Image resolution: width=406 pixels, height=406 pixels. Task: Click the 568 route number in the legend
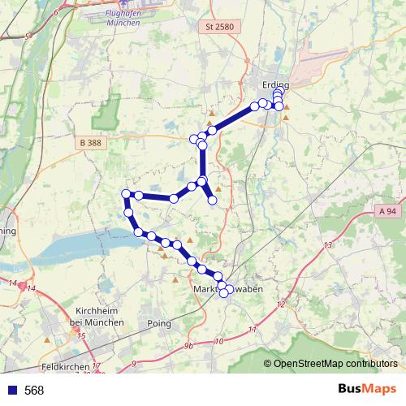[x=34, y=391]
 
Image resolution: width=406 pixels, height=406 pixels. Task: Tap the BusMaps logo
[x=367, y=390]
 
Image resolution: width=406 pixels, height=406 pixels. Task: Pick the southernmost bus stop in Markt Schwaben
[x=224, y=293]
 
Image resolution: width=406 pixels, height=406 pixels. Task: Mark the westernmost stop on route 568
[x=126, y=193]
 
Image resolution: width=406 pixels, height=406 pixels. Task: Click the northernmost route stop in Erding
[x=278, y=93]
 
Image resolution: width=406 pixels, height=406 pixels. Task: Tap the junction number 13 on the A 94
[x=329, y=244]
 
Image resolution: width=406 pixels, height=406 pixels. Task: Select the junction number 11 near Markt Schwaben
[x=253, y=329]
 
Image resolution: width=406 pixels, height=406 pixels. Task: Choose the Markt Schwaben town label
[x=229, y=289]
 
